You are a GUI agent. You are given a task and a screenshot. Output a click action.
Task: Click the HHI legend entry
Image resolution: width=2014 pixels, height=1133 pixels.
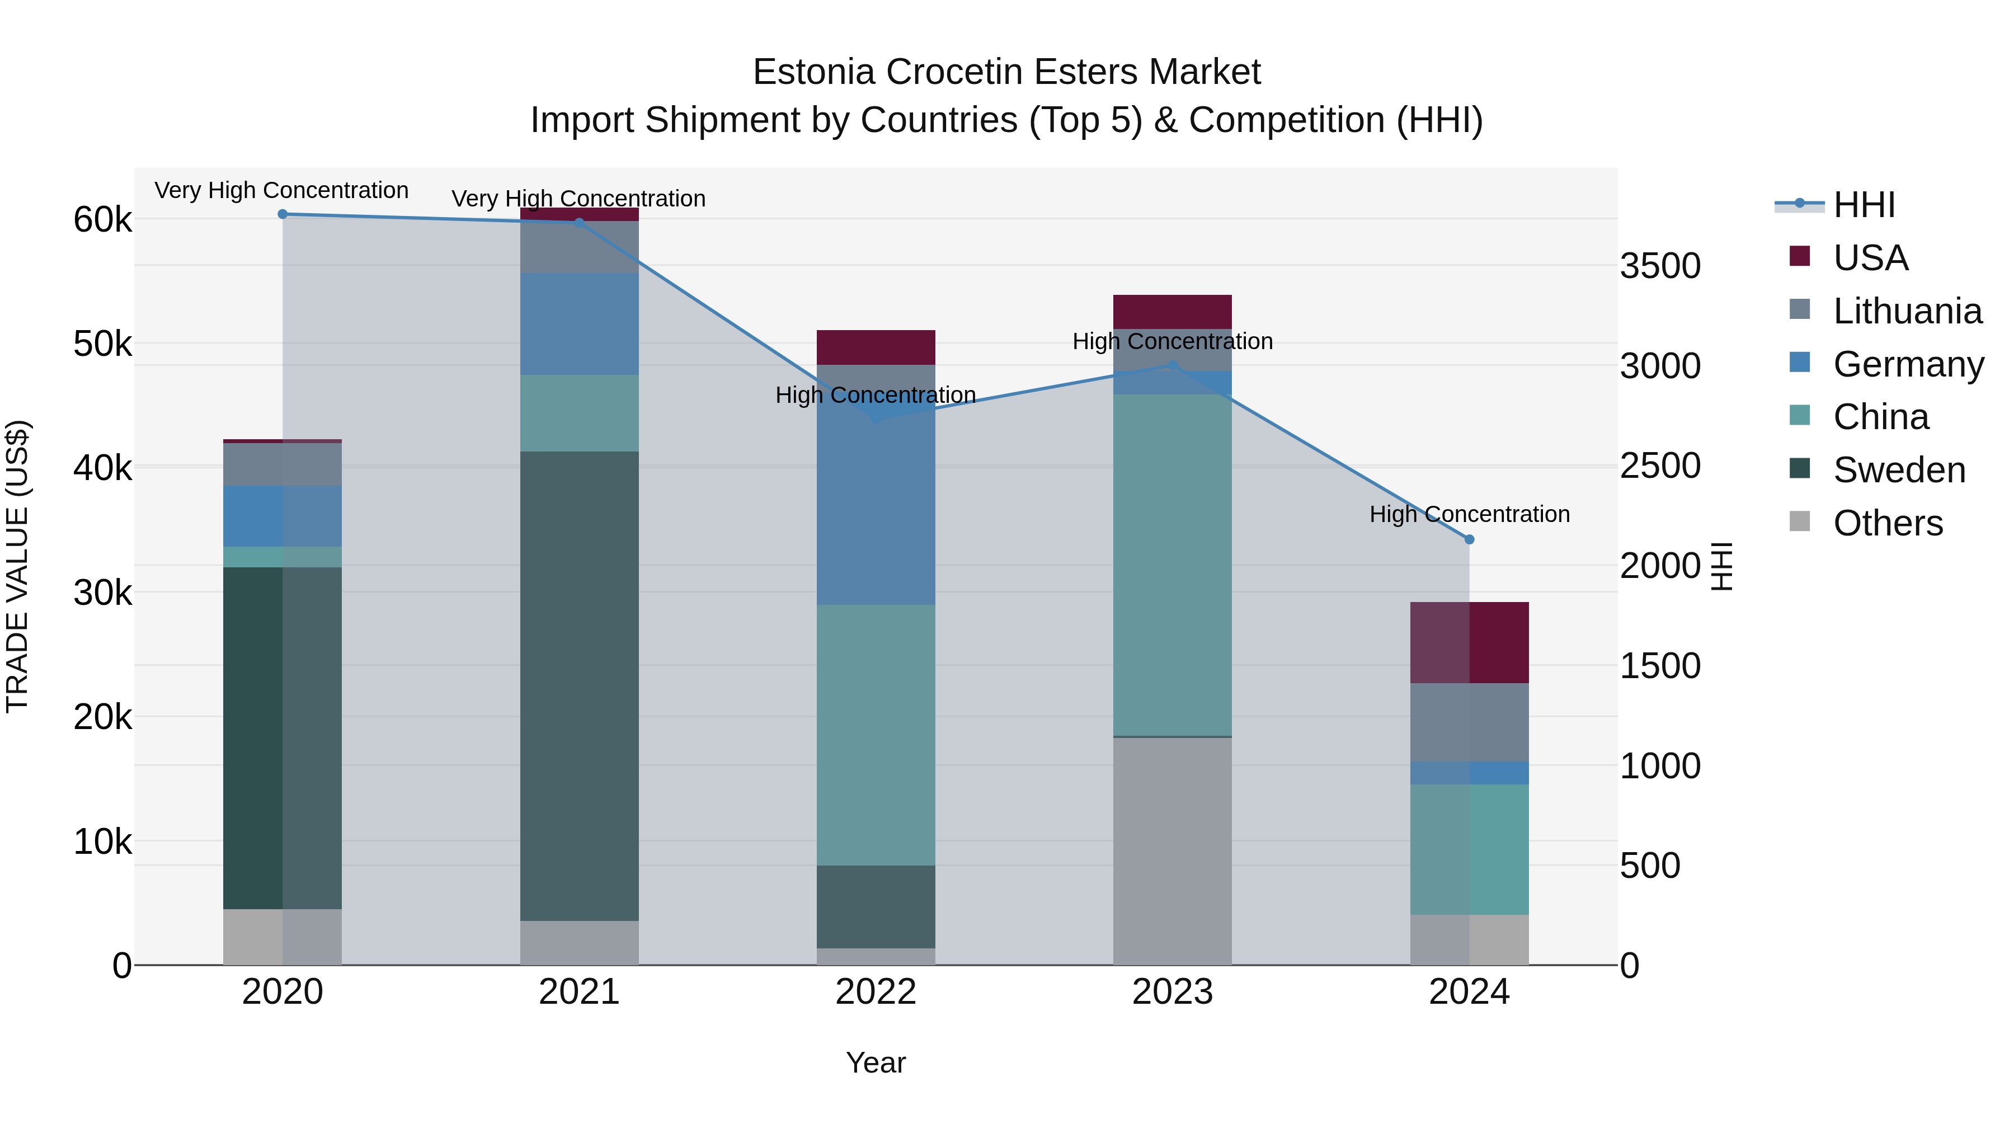click(x=1864, y=205)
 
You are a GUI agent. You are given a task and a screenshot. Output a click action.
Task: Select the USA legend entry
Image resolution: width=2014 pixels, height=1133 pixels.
click(x=1870, y=258)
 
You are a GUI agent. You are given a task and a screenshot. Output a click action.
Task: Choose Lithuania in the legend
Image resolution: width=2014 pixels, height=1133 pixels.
click(x=1907, y=311)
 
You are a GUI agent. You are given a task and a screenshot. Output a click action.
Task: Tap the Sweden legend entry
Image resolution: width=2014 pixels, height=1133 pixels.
click(x=1898, y=470)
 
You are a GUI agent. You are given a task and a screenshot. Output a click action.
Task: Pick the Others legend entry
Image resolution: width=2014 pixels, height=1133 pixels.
click(x=1888, y=523)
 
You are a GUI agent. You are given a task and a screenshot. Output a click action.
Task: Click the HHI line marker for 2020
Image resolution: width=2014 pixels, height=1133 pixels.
click(x=283, y=214)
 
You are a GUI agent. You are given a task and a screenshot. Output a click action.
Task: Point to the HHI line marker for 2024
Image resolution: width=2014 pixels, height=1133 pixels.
click(x=1469, y=539)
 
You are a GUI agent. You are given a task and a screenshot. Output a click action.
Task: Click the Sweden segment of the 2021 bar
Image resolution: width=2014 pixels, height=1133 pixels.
click(x=580, y=686)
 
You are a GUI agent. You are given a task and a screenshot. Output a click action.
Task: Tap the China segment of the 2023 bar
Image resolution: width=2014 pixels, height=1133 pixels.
click(x=1172, y=565)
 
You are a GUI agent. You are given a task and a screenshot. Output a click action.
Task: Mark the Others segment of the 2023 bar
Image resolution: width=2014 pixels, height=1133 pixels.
click(x=1172, y=850)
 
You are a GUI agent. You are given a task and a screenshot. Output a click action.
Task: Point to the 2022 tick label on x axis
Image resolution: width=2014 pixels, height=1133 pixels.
click(x=876, y=992)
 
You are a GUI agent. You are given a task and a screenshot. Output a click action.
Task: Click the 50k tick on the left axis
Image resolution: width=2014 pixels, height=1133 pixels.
click(x=102, y=344)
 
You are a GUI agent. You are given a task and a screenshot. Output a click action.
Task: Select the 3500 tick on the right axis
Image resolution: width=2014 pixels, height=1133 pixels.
click(x=1660, y=266)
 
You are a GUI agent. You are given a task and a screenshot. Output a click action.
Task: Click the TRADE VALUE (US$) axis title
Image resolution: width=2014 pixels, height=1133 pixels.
click(x=17, y=566)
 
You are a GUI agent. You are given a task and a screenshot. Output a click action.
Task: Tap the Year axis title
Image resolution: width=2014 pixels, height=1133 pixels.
click(x=876, y=1063)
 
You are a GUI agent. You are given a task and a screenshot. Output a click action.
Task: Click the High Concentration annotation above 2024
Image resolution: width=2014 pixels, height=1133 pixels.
click(x=1469, y=515)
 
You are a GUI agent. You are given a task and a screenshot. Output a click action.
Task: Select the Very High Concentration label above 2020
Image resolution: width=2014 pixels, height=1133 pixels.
click(x=281, y=191)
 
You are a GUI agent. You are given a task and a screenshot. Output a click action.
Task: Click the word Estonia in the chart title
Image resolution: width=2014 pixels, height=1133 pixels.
click(x=813, y=73)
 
